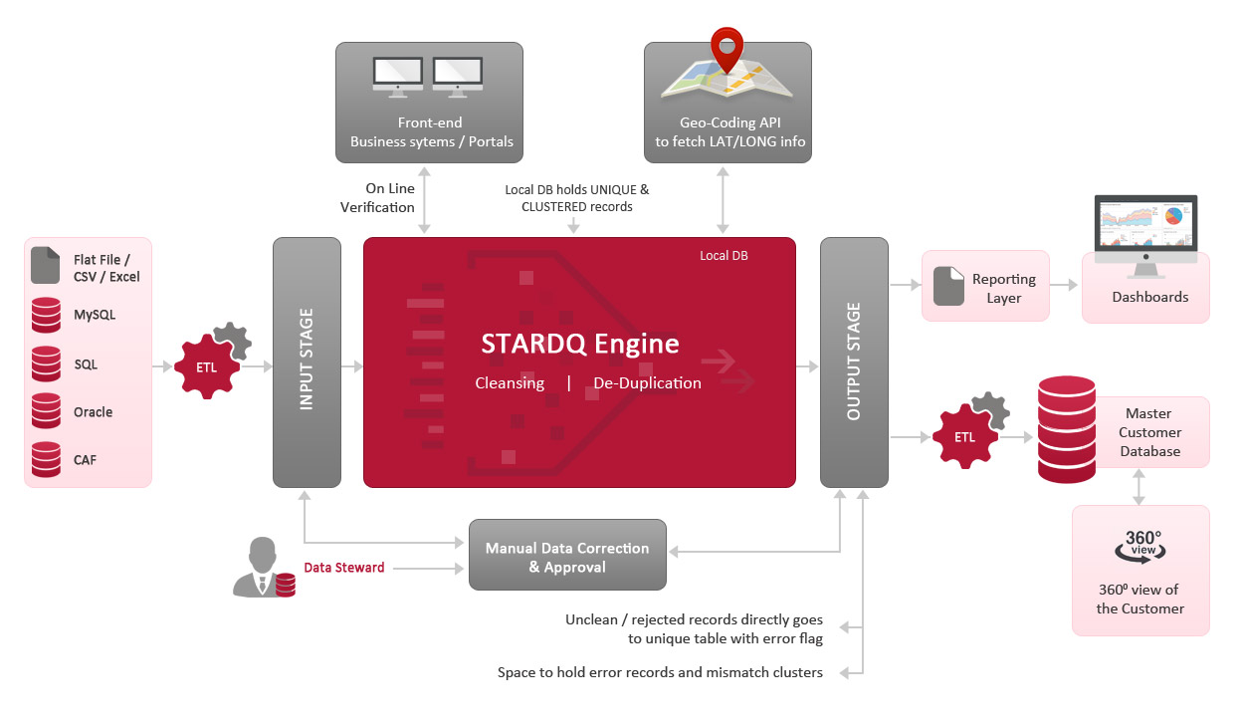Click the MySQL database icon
(x=46, y=315)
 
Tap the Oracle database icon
(x=46, y=411)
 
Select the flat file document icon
(x=46, y=266)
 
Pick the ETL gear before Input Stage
(x=208, y=365)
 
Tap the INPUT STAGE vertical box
(x=307, y=362)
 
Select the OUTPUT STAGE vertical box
(x=853, y=362)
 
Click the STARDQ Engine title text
(x=579, y=345)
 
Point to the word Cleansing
(x=510, y=383)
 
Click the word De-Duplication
(x=647, y=383)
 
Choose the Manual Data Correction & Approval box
(x=566, y=558)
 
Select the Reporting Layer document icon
(x=947, y=288)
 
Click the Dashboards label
(x=1149, y=297)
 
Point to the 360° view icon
(x=1140, y=545)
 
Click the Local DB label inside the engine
(x=724, y=256)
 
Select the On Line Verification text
(x=377, y=197)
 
